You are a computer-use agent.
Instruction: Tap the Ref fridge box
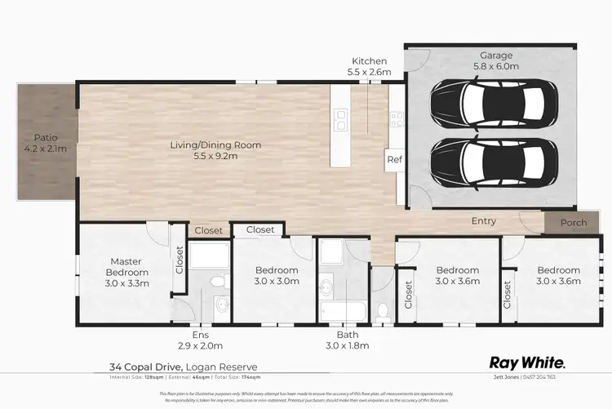coord(394,159)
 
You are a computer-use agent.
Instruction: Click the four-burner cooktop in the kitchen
coord(396,120)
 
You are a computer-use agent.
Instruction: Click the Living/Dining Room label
coord(215,150)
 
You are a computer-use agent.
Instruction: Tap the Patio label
coord(44,143)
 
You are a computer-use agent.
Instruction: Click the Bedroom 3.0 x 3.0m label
coord(277,275)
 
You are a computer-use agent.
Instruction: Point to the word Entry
coord(483,221)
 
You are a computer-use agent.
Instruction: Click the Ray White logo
coord(526,362)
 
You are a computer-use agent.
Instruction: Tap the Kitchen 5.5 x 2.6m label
coord(369,67)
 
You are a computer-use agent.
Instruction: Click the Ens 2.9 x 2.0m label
coord(200,340)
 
